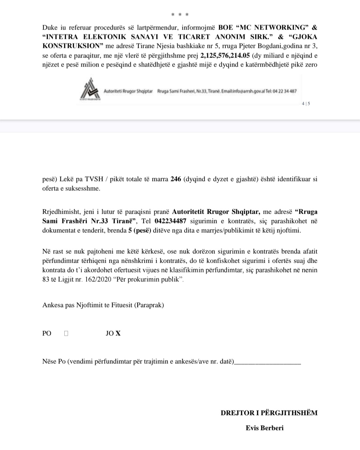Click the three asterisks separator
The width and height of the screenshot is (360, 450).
pyautogui.click(x=180, y=15)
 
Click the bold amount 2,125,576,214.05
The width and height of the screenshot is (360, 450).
pyautogui.click(x=225, y=55)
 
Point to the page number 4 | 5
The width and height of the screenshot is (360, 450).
pyautogui.click(x=306, y=104)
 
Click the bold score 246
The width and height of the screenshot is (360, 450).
pyautogui.click(x=175, y=179)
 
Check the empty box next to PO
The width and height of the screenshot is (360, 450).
pyautogui.click(x=66, y=333)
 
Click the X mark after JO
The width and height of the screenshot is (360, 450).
pyautogui.click(x=118, y=333)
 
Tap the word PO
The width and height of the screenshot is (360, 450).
pyautogui.click(x=47, y=333)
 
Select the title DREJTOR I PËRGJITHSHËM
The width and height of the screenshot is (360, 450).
pyautogui.click(x=269, y=413)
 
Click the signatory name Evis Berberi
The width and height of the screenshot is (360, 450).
pyautogui.click(x=265, y=428)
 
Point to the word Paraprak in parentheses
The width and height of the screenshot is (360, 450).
pyautogui.click(x=149, y=305)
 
